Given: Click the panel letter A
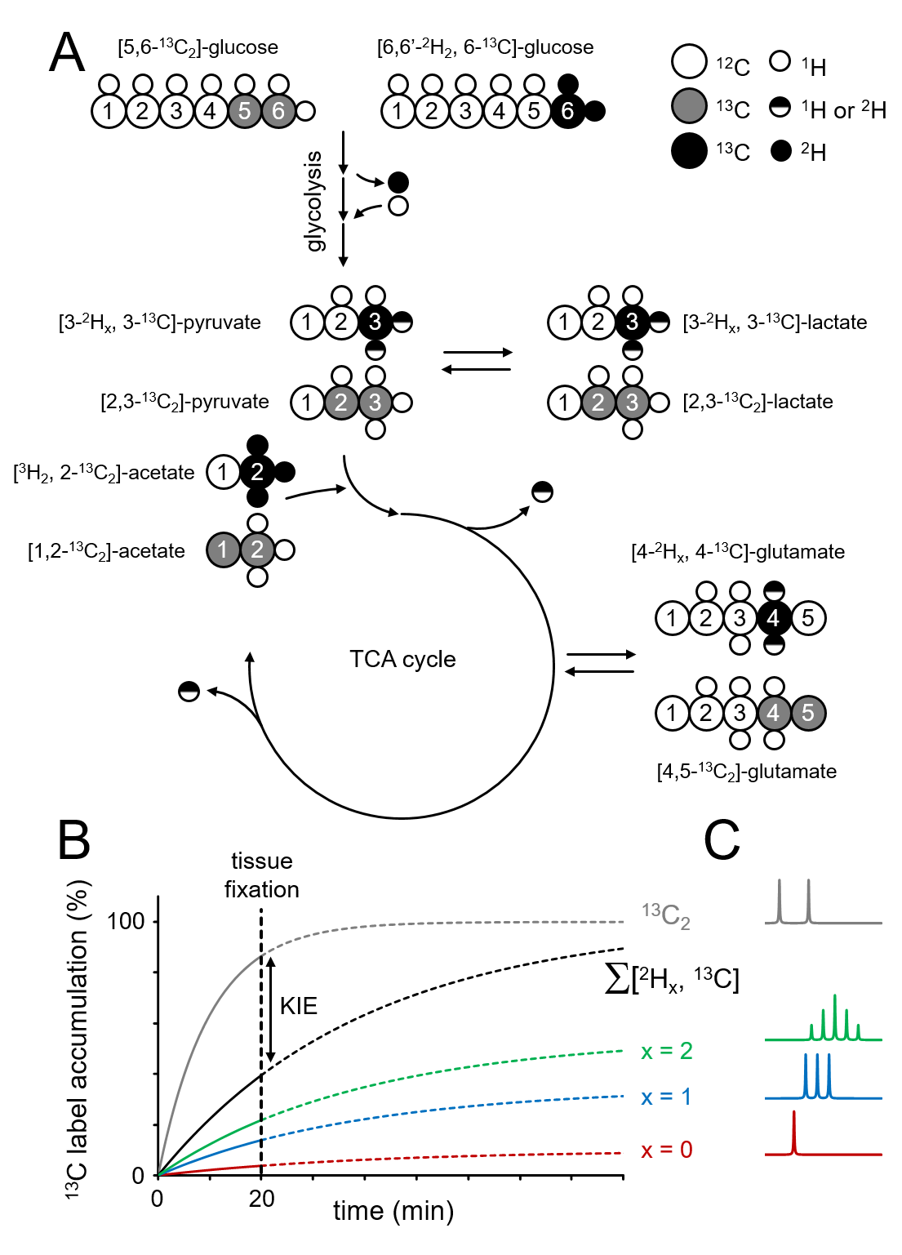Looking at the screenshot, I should [67, 53].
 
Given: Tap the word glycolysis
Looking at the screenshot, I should [314, 201].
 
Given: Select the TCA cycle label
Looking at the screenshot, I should [402, 659].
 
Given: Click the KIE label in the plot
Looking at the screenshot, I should [298, 1006].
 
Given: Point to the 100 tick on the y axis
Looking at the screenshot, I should [126, 922].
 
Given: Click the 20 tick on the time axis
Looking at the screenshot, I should [261, 1199].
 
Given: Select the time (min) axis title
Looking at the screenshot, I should [393, 1210].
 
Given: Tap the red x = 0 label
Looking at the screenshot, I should [666, 1150].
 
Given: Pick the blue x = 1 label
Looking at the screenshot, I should [666, 1097].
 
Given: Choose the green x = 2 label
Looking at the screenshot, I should [666, 1051].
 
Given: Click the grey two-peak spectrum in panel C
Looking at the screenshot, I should [794, 906].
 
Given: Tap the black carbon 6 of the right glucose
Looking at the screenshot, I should [567, 111].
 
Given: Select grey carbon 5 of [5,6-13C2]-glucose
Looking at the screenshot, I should [244, 111].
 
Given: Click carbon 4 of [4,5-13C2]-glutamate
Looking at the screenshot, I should [773, 713].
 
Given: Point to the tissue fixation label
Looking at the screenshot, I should [261, 875].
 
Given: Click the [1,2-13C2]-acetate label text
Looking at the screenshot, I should [106, 551].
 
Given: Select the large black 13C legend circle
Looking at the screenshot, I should [689, 152].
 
